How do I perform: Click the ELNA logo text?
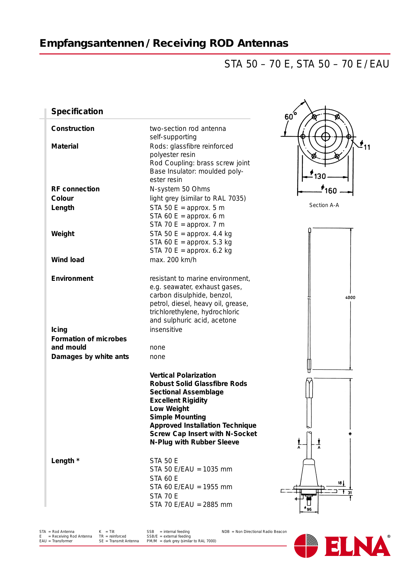tap(357, 547)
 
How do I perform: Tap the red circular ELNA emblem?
tap(306, 546)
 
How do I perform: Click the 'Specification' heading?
tap(77, 112)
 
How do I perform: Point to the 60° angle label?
tap(290, 117)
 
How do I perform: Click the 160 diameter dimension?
tap(330, 191)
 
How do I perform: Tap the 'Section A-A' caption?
tap(324, 205)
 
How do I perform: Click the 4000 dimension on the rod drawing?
tap(350, 298)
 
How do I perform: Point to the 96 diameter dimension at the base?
tap(309, 509)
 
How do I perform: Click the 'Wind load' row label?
tap(68, 260)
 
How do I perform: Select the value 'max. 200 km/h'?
tap(173, 260)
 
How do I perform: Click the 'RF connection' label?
tap(75, 189)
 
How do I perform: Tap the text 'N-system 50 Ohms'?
tap(180, 189)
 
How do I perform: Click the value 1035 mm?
tap(217, 469)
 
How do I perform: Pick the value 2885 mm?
tap(217, 505)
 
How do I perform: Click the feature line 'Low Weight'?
tap(169, 409)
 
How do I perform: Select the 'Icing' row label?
tap(59, 330)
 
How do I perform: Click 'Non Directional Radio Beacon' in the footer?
tap(261, 532)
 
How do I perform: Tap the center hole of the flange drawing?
tap(326, 137)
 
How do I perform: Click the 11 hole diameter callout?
tap(367, 147)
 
